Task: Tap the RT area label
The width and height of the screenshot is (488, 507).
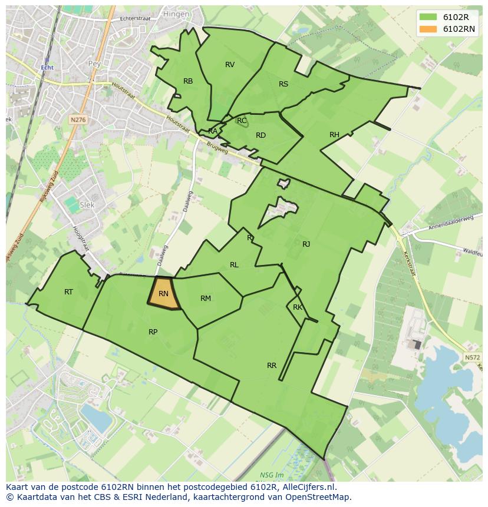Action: coord(69,291)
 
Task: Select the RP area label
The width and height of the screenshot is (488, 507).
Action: coord(153,332)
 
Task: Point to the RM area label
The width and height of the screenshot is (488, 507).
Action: coord(205,299)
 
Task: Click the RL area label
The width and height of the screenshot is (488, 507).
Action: coord(234,265)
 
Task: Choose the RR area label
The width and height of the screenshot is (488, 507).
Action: coord(271,366)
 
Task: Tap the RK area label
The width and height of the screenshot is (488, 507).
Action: coord(298,307)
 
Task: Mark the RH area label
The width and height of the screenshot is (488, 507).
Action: coord(334,135)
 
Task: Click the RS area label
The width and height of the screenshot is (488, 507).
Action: coord(283,84)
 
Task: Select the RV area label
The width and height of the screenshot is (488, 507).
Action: coord(230,65)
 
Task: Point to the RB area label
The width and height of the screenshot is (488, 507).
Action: coord(188,81)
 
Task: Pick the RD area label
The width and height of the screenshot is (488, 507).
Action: coord(261,135)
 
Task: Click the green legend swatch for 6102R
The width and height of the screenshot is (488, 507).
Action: coord(428,17)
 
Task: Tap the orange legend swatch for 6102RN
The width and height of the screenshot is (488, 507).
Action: coord(428,29)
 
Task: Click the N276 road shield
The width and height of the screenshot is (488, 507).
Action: coord(78,120)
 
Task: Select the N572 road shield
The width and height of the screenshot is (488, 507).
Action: coord(471,357)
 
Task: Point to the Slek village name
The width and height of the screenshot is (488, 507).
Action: coord(87,205)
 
